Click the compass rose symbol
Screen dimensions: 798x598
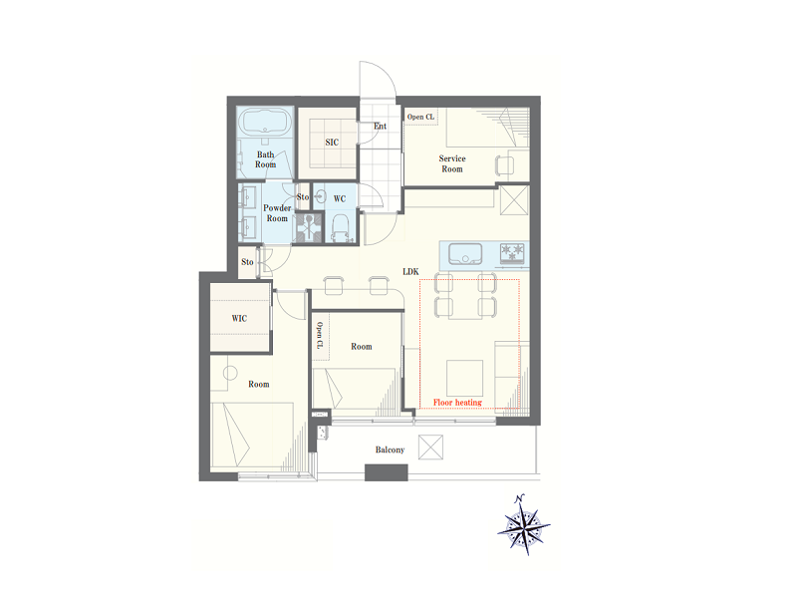click(x=524, y=525)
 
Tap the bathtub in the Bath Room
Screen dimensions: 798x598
click(x=265, y=122)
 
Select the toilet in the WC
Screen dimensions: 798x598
click(x=340, y=228)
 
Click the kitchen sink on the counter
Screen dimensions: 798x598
click(x=465, y=254)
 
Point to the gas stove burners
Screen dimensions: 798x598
click(x=512, y=253)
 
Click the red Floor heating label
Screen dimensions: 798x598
click(x=457, y=403)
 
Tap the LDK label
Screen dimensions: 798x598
click(x=410, y=272)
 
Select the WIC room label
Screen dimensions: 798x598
click(x=239, y=319)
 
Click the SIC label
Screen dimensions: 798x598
click(x=332, y=143)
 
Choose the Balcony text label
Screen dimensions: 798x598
click(x=390, y=449)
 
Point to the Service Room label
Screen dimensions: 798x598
click(x=452, y=163)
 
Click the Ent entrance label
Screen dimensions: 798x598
click(x=381, y=127)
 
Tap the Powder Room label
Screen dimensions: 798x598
click(x=277, y=213)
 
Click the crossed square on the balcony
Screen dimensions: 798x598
click(x=430, y=448)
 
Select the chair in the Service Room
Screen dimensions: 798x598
click(x=504, y=165)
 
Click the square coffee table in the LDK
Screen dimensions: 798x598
click(x=464, y=378)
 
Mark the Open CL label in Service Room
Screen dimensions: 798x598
click(x=420, y=117)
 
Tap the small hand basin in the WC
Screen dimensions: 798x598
click(x=320, y=196)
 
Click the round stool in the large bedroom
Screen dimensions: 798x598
click(x=230, y=373)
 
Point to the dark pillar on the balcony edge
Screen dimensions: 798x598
click(x=387, y=472)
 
